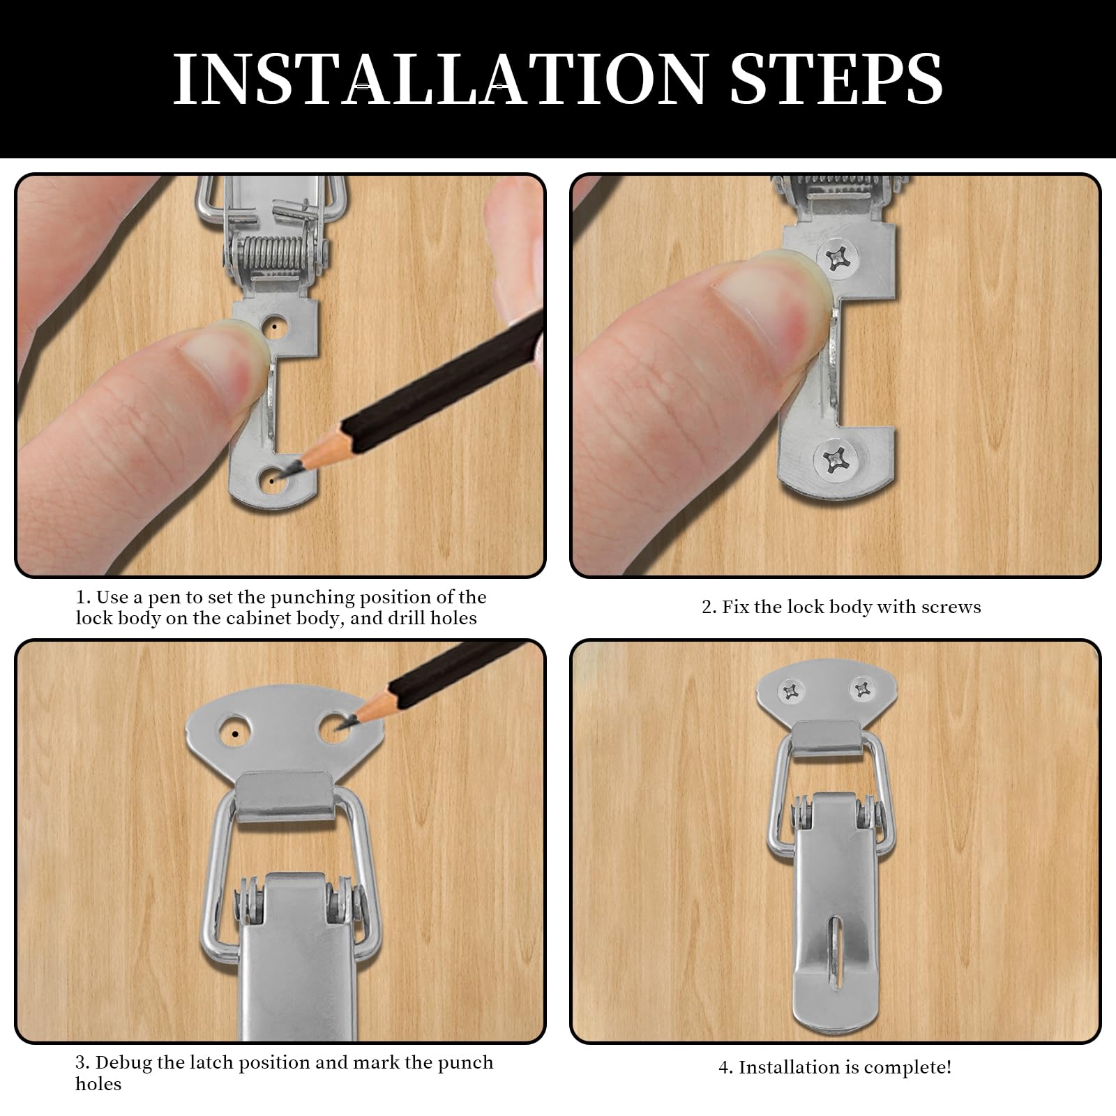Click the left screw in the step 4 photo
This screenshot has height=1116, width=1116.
point(792,692)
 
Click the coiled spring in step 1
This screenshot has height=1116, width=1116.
point(269,264)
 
